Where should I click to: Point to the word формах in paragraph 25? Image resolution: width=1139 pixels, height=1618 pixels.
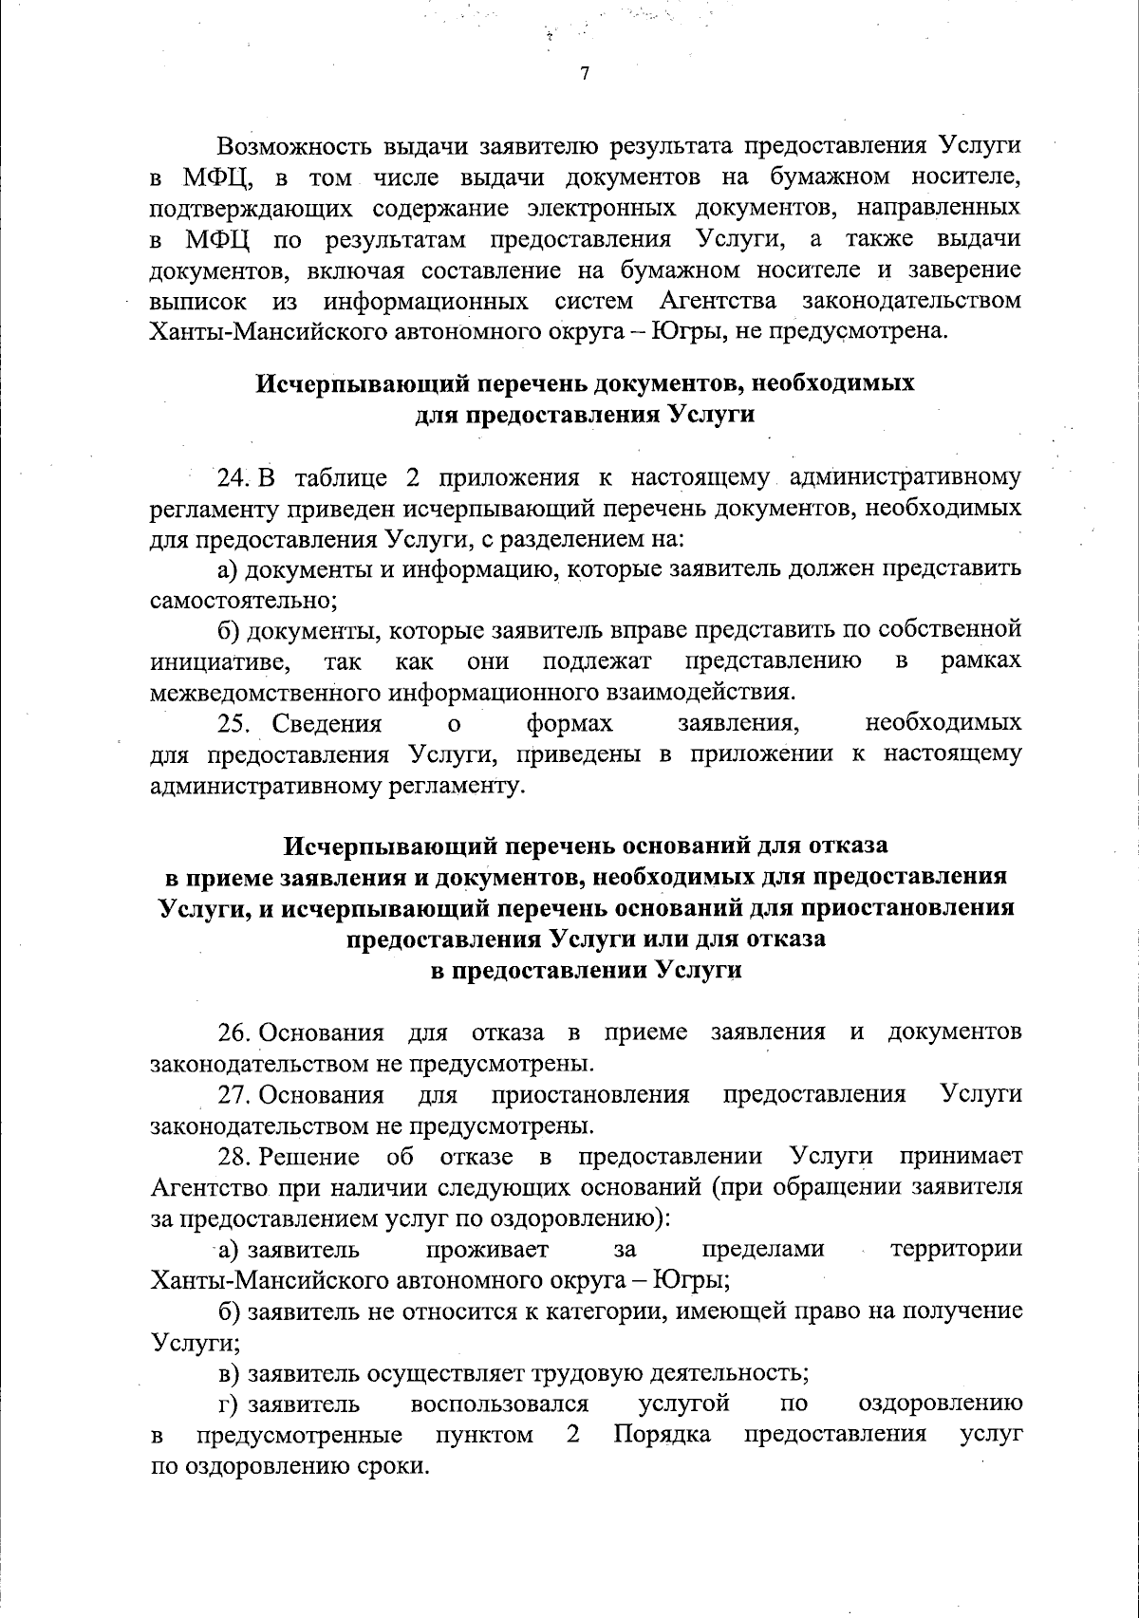click(569, 724)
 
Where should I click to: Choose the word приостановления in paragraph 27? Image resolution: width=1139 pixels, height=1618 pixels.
click(590, 1095)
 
